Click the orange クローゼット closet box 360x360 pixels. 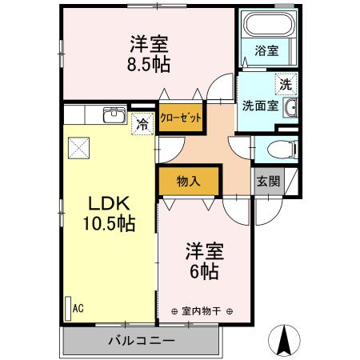179,116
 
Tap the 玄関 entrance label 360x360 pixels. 268,181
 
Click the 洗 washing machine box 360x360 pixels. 284,82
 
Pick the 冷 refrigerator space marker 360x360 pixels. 142,124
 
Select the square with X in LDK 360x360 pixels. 78,146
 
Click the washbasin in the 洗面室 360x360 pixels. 292,108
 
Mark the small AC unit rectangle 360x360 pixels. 67,308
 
